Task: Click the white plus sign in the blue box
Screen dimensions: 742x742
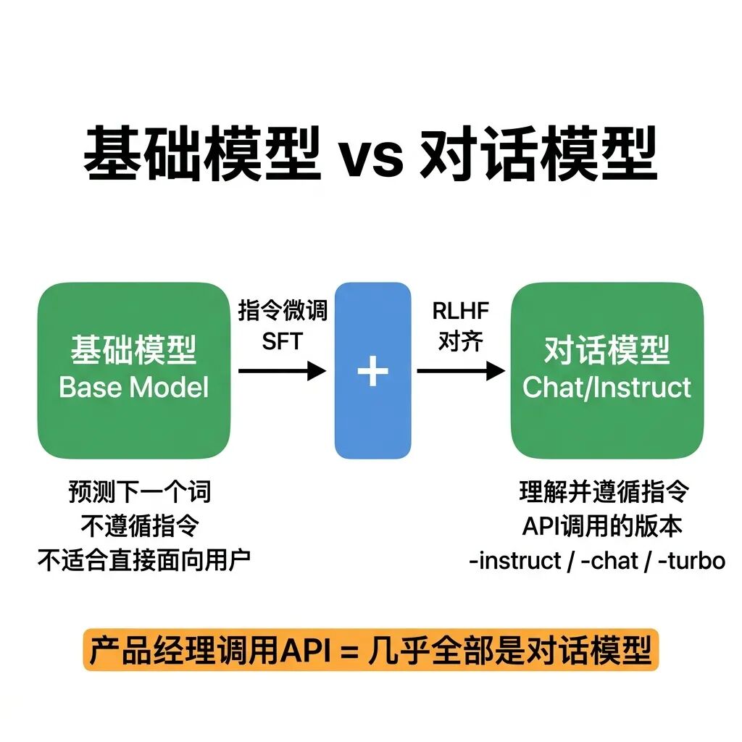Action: [x=372, y=371]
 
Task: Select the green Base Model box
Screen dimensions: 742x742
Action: [x=133, y=370]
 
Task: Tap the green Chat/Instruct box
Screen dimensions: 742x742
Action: [x=607, y=370]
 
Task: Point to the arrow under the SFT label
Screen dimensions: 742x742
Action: [x=283, y=372]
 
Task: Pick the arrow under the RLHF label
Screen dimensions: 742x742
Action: [x=461, y=372]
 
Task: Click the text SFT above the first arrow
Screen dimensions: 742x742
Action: [x=282, y=341]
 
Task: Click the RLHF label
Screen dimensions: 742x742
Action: [x=460, y=312]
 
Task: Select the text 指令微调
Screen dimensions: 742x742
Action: [x=283, y=312]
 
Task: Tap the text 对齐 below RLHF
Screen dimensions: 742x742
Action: [x=460, y=341]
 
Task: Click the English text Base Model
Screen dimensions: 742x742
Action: [x=133, y=387]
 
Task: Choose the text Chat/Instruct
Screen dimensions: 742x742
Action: [x=607, y=387]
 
